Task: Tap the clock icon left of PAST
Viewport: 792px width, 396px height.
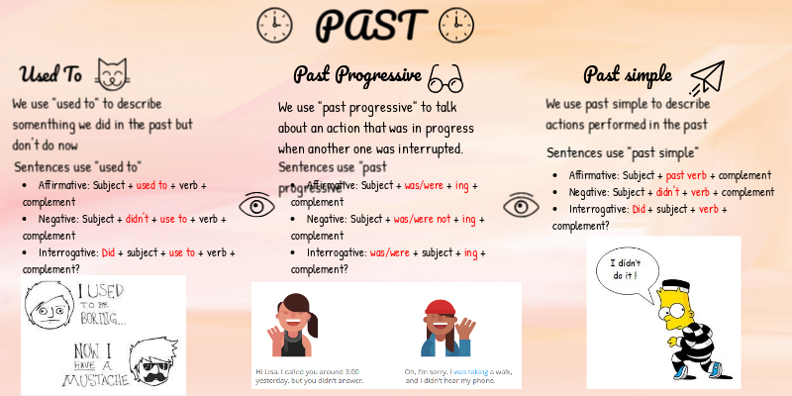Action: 273,25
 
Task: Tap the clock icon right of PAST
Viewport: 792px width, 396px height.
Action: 455,25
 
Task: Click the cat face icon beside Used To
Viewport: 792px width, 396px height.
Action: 114,73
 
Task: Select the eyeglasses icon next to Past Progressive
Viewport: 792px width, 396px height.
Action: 446,76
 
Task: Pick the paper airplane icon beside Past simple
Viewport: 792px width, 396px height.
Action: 706,76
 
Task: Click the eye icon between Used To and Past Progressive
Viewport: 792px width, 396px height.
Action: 257,205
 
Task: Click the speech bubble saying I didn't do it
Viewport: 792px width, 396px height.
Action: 626,271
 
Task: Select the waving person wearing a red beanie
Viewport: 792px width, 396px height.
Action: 442,327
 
